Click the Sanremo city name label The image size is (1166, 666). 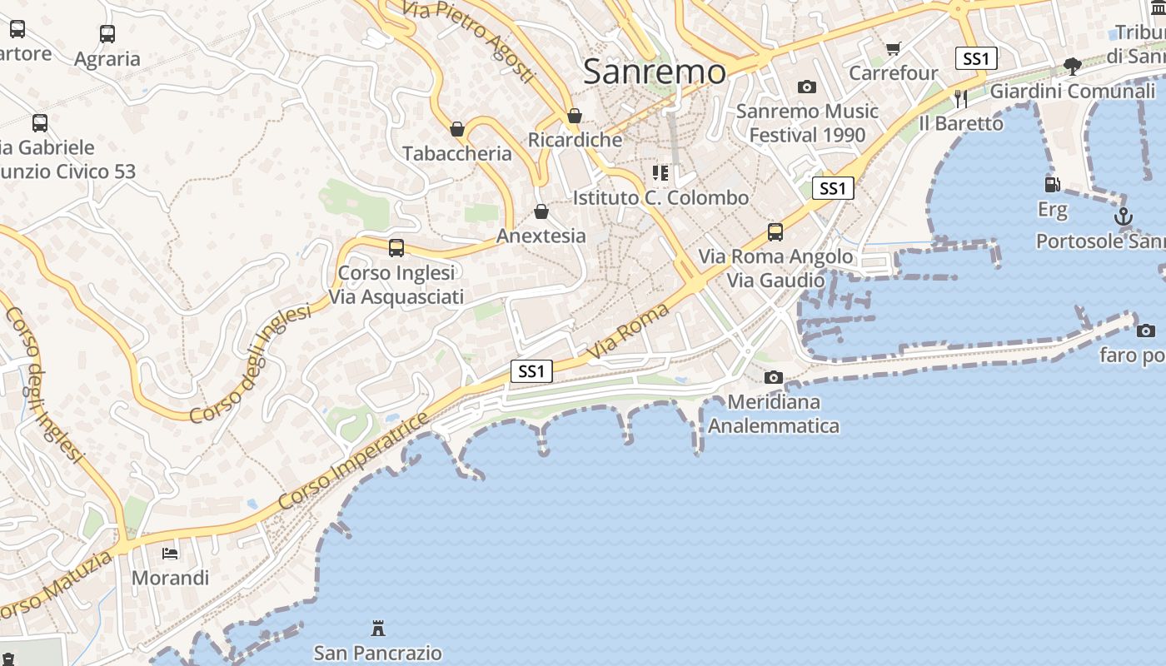[655, 72]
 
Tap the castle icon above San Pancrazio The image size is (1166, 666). [378, 627]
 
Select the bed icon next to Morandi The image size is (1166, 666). [170, 553]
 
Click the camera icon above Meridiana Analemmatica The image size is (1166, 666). [774, 377]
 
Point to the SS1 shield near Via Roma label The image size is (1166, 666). [531, 371]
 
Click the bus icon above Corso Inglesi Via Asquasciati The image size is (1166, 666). [396, 247]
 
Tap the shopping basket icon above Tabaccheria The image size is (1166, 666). [456, 129]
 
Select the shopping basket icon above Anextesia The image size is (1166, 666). [541, 211]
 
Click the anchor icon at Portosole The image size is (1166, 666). [1124, 216]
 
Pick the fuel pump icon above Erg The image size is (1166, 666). [1052, 184]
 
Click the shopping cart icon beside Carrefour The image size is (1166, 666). [894, 49]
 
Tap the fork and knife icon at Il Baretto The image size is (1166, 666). [960, 98]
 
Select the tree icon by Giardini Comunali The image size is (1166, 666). [1073, 66]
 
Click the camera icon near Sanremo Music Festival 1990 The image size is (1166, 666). [806, 87]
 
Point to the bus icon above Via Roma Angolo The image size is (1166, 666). [775, 231]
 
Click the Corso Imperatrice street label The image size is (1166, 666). [354, 460]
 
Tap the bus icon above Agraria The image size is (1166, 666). [107, 34]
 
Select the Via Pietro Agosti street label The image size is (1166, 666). [468, 40]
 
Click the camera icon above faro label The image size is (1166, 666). [1146, 331]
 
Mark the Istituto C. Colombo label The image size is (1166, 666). [660, 198]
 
